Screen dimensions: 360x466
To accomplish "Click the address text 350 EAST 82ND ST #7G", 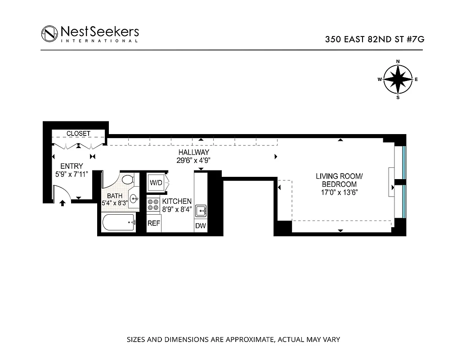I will click(x=375, y=39).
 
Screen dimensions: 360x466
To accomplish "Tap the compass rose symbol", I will click(x=398, y=80).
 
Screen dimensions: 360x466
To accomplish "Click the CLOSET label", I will click(x=79, y=134).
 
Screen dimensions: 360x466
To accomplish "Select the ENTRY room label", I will click(x=72, y=166).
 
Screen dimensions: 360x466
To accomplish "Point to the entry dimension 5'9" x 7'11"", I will click(x=72, y=173).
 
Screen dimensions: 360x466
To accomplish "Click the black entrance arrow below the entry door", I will click(x=62, y=204).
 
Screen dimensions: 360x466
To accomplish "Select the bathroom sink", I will click(x=134, y=198).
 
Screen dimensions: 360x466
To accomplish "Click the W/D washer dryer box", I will click(x=156, y=183).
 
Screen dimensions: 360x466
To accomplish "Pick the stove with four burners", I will click(x=153, y=205).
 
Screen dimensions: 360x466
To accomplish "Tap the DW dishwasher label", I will click(x=201, y=226).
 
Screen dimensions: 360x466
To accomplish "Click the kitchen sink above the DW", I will click(x=201, y=210).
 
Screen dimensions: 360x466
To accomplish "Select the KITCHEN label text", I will click(x=177, y=201).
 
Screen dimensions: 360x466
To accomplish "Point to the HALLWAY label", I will click(x=194, y=153).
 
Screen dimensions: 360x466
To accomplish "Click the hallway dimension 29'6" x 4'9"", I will click(x=194, y=160).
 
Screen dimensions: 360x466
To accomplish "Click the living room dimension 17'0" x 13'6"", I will click(x=336, y=192).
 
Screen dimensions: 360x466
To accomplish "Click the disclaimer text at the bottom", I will click(x=233, y=339).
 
